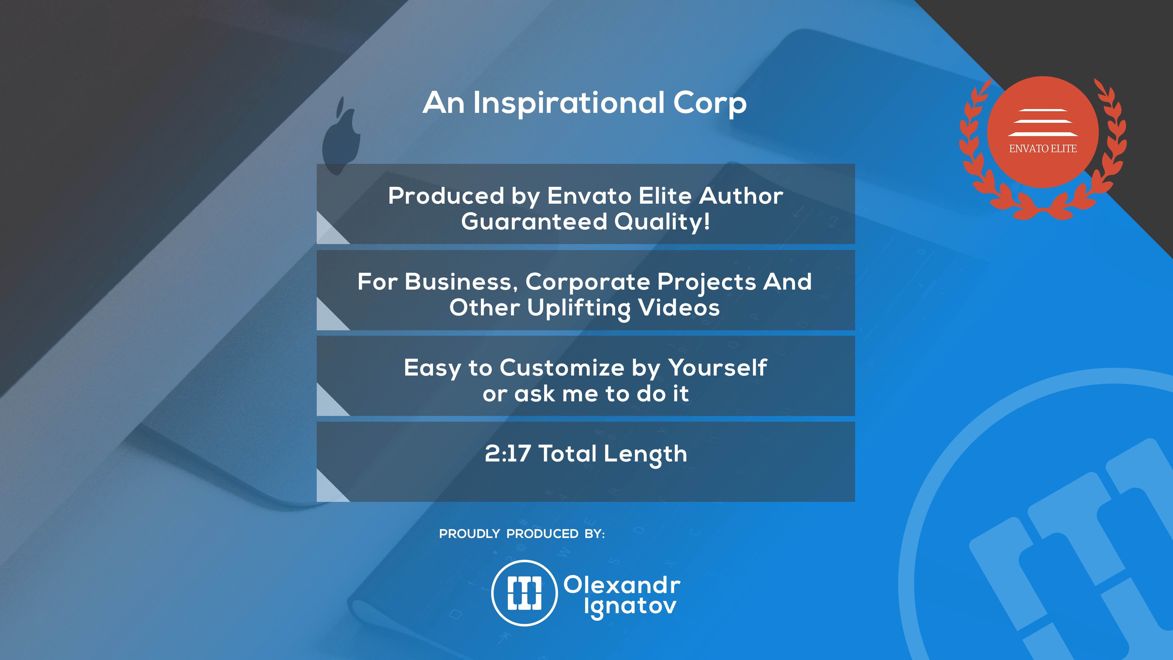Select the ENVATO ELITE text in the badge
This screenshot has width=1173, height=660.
pyautogui.click(x=1043, y=148)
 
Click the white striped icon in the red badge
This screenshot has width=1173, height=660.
pyautogui.click(x=1043, y=123)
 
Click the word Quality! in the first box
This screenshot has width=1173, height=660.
pyautogui.click(x=663, y=222)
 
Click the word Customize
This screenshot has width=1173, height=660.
pyautogui.click(x=562, y=368)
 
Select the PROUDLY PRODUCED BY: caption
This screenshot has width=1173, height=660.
pyautogui.click(x=522, y=534)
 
